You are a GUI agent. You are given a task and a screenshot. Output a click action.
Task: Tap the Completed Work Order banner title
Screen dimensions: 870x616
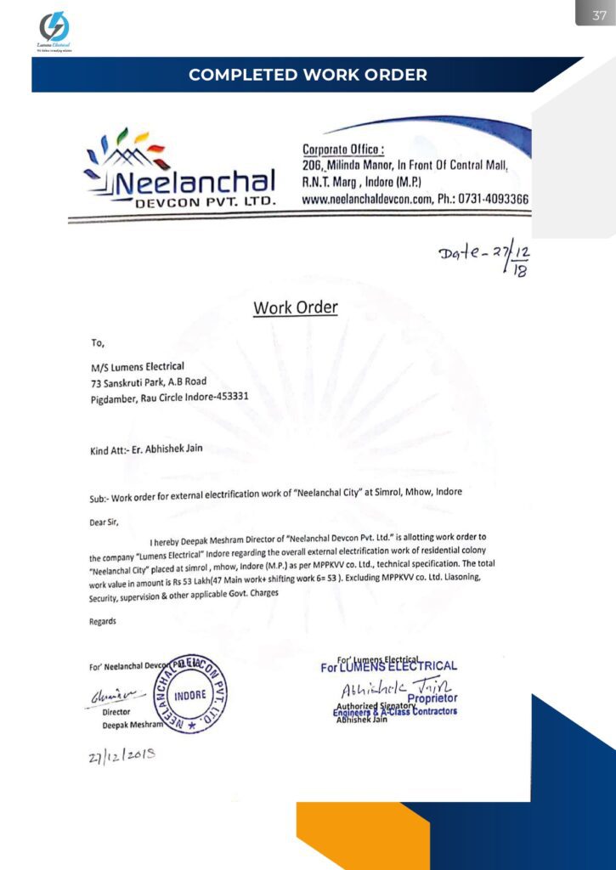[308, 75]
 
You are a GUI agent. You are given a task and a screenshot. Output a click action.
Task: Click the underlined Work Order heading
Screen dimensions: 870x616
[295, 308]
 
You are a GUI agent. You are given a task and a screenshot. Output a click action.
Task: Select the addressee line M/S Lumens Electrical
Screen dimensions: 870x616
[138, 366]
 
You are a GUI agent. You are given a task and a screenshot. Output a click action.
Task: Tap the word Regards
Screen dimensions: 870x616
[103, 621]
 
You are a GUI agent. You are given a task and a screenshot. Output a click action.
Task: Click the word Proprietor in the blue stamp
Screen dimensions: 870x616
[432, 698]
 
